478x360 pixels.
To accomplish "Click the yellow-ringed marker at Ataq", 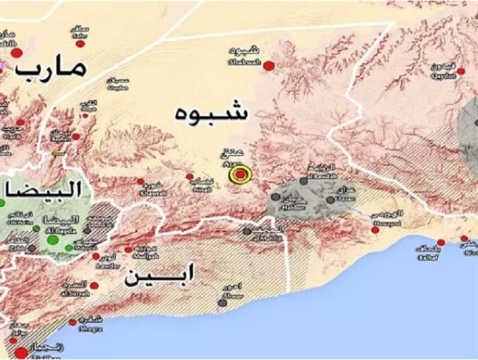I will tap(239, 174).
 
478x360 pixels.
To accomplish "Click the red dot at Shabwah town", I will tap(268, 65).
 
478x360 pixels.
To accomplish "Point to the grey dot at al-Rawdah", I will tap(303, 182).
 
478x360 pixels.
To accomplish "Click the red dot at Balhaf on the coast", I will tap(441, 241).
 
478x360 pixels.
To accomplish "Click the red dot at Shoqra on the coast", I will tap(75, 321).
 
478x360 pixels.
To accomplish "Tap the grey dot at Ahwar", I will tap(223, 301).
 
